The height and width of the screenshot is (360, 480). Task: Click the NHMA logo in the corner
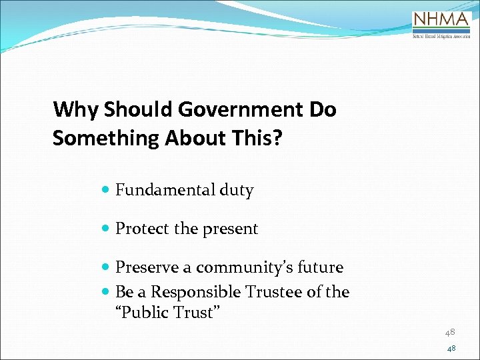pyautogui.click(x=440, y=26)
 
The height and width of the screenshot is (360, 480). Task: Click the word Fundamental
pyautogui.click(x=165, y=191)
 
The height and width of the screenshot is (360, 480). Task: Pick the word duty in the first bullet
pyautogui.click(x=237, y=191)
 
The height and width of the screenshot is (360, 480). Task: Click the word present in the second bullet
pyautogui.click(x=230, y=229)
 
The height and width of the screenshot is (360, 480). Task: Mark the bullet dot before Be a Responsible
pyautogui.click(x=107, y=293)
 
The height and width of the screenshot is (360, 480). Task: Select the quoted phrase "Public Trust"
pyautogui.click(x=168, y=312)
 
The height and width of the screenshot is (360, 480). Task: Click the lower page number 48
pyautogui.click(x=451, y=349)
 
